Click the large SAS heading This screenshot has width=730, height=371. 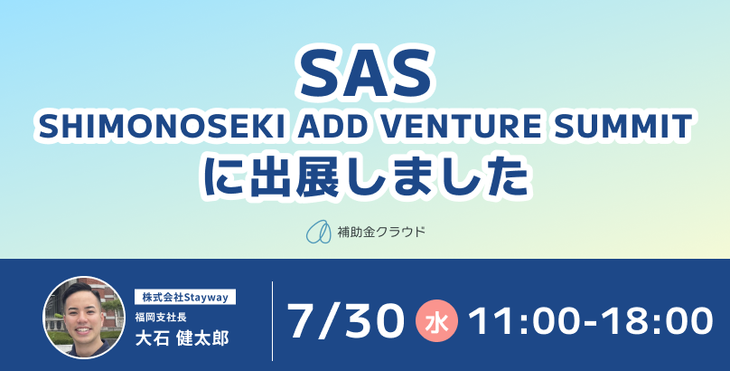[366, 75]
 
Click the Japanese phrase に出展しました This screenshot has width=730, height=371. [366, 177]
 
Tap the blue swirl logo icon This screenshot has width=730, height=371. [318, 231]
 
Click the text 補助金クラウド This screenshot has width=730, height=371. [381, 232]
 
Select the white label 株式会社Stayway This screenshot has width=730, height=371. [185, 297]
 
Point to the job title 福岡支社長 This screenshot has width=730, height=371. [161, 318]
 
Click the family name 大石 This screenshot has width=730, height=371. [151, 338]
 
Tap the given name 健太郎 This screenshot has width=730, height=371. [203, 338]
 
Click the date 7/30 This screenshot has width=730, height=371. [345, 320]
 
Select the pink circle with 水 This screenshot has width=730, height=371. [436, 320]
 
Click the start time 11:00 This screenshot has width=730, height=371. [529, 321]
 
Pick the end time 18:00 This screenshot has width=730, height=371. [657, 321]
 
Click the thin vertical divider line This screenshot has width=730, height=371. [272, 320]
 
